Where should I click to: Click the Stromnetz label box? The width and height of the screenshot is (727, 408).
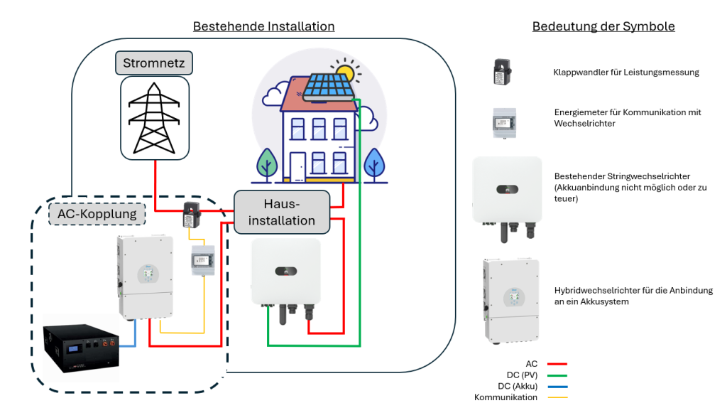[x=154, y=63]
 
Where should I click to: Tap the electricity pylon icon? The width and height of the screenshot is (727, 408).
[x=154, y=118]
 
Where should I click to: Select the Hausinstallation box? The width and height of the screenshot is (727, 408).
[x=282, y=212]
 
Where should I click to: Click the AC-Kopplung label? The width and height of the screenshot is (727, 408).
[x=97, y=214]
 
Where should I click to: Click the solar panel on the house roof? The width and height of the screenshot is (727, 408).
[x=329, y=87]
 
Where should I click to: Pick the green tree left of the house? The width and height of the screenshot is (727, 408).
[x=267, y=164]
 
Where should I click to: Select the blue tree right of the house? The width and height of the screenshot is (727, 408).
[x=375, y=164]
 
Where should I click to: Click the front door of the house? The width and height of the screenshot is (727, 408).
[x=297, y=166]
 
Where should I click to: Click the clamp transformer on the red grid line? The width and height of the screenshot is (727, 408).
[x=192, y=215]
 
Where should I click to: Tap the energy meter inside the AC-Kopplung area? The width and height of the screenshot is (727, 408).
[x=203, y=260]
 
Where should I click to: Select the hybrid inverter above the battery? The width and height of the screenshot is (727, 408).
[x=146, y=277]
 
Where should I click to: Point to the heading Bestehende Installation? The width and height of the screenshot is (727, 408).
[x=264, y=26]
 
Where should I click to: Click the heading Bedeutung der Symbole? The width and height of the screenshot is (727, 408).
[x=603, y=26]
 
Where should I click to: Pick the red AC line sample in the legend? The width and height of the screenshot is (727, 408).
[x=557, y=365]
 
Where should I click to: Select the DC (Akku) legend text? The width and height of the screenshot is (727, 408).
[x=518, y=386]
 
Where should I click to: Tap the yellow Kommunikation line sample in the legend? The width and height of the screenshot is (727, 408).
[x=557, y=398]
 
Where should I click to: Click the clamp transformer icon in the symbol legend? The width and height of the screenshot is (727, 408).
[x=502, y=72]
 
